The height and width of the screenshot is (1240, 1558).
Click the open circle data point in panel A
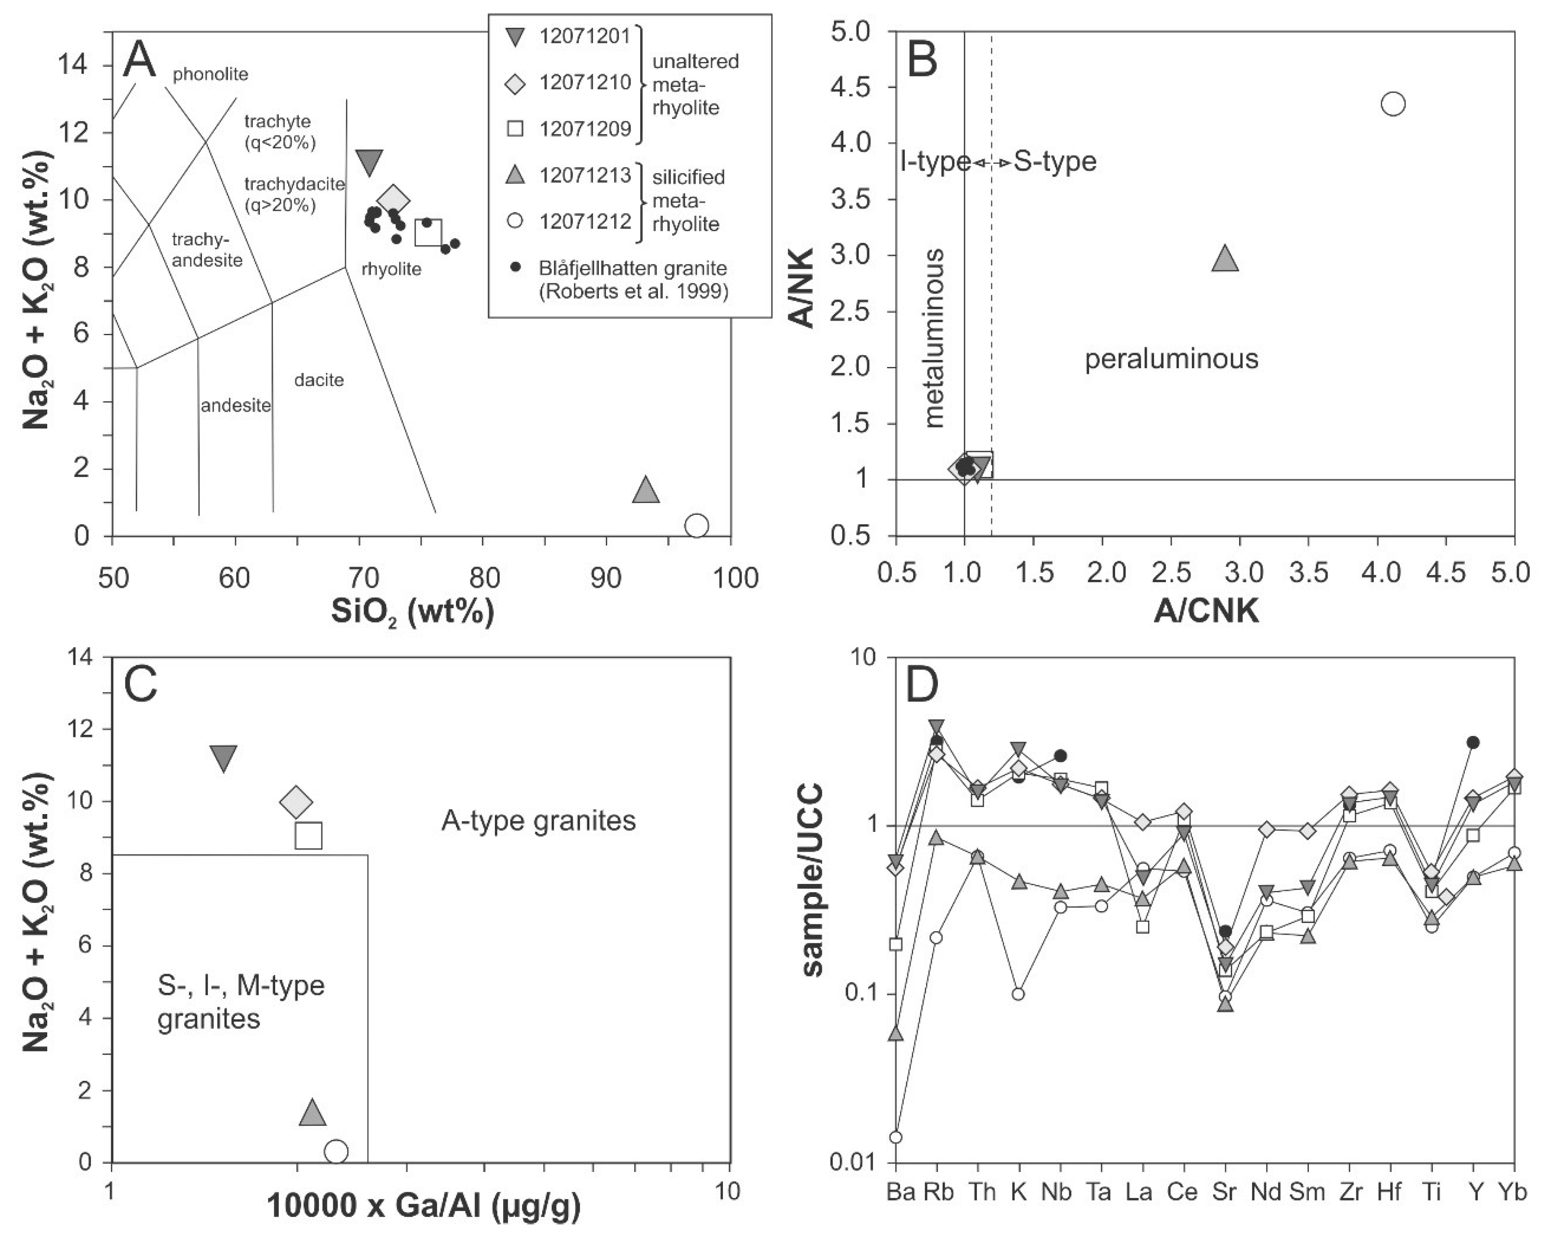[696, 525]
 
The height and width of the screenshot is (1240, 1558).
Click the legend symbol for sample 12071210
[514, 82]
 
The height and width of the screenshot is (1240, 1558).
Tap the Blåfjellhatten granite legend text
[632, 279]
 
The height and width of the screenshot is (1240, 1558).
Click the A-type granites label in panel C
[538, 821]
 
